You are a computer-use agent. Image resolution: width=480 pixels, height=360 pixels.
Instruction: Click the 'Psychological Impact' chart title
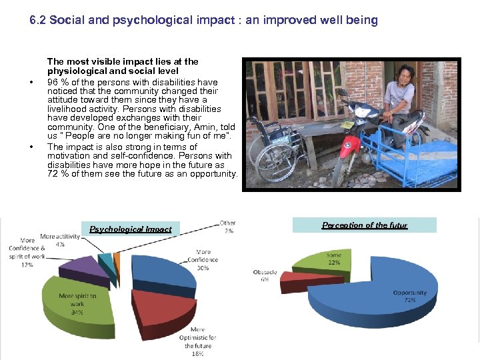coord(131,229)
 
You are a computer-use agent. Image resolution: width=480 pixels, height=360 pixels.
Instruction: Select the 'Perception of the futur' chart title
coord(365,225)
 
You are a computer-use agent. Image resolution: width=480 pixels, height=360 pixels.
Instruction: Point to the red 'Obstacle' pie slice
coord(297,281)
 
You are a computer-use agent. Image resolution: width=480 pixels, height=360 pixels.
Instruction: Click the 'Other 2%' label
coord(228,227)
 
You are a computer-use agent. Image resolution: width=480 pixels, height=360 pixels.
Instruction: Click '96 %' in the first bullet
coord(57,83)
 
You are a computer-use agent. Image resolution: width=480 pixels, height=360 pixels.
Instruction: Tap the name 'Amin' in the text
coord(201,127)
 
